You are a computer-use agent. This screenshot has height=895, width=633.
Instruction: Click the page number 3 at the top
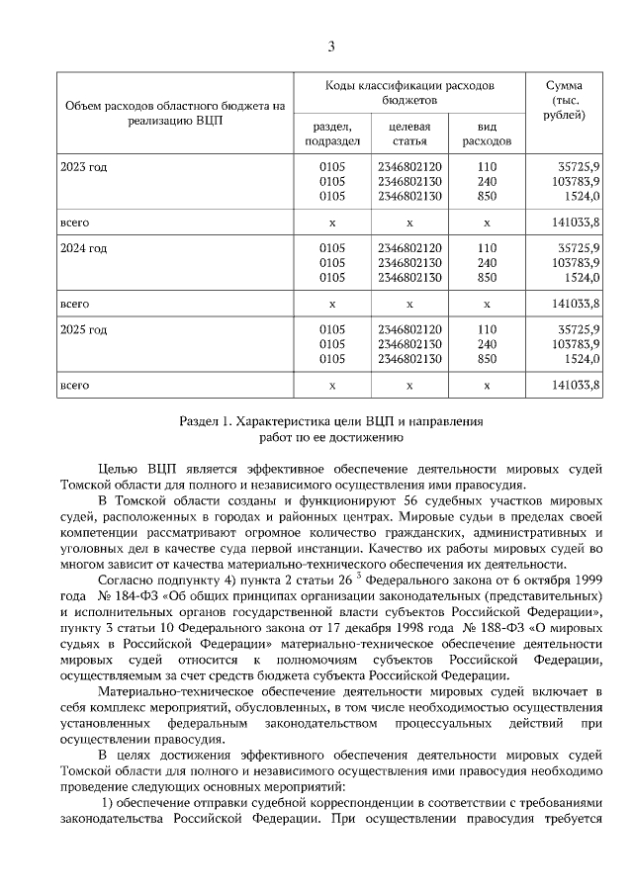[x=331, y=46]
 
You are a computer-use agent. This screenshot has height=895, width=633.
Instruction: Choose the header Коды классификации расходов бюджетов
[x=408, y=93]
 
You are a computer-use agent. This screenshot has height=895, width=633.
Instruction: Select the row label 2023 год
[x=84, y=166]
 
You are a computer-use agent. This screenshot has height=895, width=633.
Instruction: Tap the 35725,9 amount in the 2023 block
[x=579, y=166]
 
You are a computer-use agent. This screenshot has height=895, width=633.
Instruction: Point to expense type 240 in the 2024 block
[x=487, y=263]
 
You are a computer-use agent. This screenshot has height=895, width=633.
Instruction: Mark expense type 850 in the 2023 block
[x=487, y=198]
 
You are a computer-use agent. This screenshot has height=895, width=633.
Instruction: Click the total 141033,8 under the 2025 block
[x=578, y=385]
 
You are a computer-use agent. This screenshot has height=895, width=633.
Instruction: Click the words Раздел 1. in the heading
[x=205, y=420]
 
